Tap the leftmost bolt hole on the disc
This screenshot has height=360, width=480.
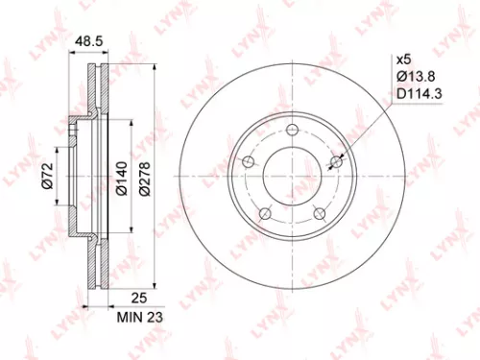pos(248,161)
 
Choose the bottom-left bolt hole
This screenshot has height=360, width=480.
pos(267,213)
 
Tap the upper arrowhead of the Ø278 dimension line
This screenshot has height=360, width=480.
pos(156,69)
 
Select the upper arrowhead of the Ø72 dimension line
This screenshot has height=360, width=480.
pos(60,150)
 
